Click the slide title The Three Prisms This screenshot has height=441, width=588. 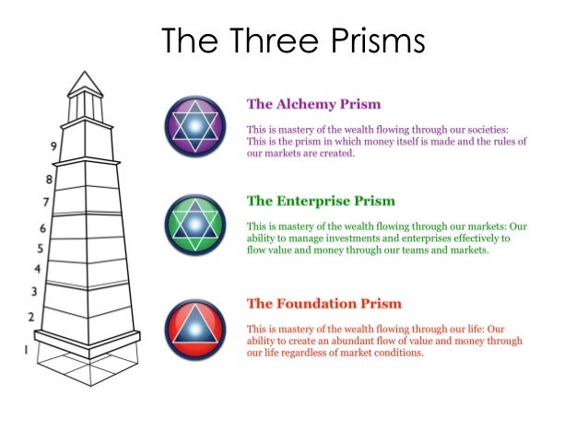293,42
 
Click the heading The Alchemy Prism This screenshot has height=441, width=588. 313,104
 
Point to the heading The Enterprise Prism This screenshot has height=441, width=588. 321,201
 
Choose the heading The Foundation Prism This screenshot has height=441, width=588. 323,303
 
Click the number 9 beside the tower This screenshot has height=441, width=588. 53,146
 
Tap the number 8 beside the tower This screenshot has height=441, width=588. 48,179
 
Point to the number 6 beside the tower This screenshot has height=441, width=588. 41,227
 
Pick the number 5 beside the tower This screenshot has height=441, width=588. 39,249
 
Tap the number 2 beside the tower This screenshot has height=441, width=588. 30,318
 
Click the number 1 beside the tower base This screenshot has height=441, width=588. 26,350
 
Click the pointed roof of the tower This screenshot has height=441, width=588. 84,80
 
